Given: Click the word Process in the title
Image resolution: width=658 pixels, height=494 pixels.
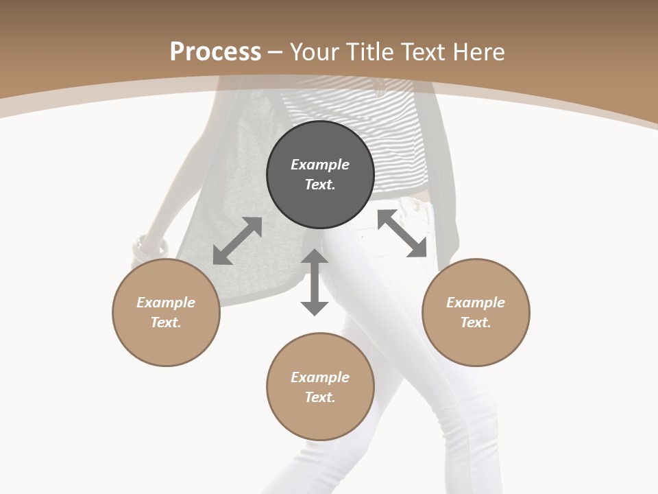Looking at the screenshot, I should click(x=215, y=52).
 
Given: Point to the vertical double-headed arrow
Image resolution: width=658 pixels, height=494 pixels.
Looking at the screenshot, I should click(x=315, y=282).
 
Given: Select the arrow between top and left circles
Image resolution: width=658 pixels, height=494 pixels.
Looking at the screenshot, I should click(x=237, y=241).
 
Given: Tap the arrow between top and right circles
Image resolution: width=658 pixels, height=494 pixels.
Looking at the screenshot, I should click(x=402, y=234).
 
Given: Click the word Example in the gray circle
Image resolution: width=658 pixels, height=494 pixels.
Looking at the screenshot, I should click(x=320, y=165).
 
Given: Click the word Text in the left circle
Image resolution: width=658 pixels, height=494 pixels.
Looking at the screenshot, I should click(x=165, y=322).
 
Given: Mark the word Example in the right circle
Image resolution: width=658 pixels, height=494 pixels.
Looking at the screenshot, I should click(x=476, y=303).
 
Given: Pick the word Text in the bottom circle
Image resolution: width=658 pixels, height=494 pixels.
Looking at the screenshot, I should click(x=319, y=397).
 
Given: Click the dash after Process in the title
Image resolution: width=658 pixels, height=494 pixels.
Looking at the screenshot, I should click(x=276, y=52).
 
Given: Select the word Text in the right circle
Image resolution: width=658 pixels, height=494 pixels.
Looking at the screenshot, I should click(x=475, y=322).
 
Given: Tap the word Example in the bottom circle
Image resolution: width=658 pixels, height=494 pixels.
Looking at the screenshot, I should click(x=320, y=377).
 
